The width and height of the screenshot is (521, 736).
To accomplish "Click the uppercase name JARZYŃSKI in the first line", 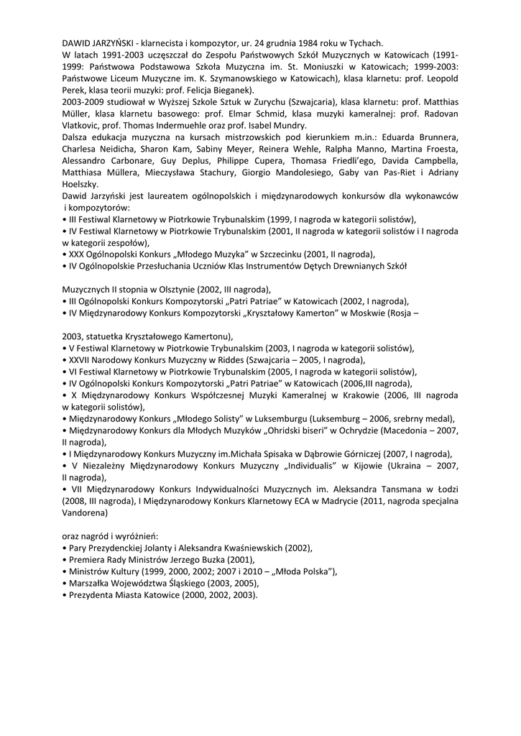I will [118, 43].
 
